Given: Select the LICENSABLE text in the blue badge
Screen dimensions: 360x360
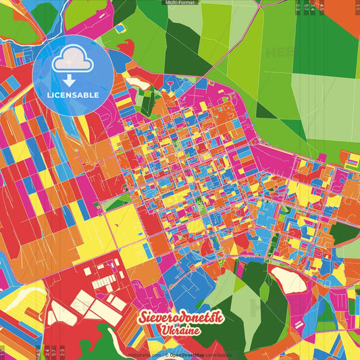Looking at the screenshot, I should pos(73,95).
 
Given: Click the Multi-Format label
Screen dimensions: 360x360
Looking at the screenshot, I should pos(179,3).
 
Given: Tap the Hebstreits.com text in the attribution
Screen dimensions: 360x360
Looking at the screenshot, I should pos(143,355).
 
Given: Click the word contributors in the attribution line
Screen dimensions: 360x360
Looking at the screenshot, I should pos(219,355).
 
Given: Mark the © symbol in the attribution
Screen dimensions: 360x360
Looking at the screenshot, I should pos(167,355).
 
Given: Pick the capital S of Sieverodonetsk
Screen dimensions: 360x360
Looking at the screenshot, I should pos(144,318).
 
